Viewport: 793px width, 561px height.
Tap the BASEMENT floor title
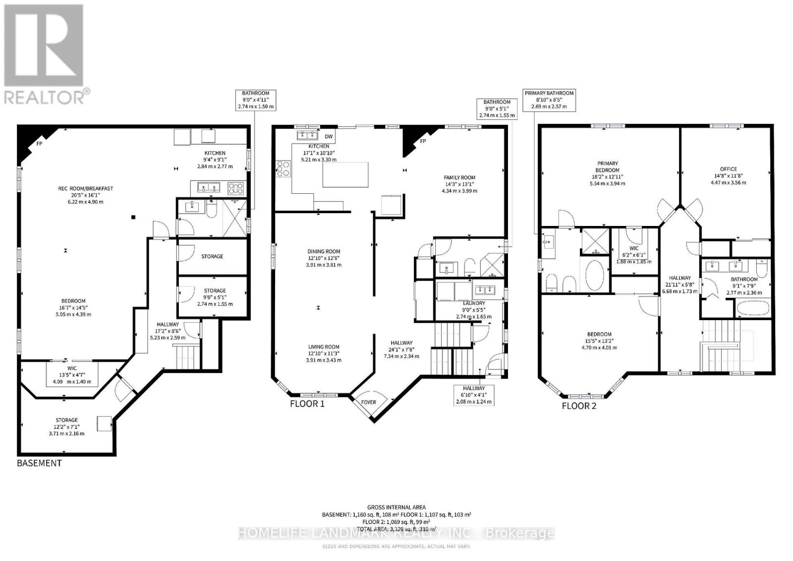click(39, 463)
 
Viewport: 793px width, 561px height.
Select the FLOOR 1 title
click(307, 403)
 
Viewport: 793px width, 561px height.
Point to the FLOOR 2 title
click(579, 406)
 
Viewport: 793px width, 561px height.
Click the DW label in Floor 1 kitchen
click(329, 136)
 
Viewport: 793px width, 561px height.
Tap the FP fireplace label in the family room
click(423, 141)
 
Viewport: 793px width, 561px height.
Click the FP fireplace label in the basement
click(39, 144)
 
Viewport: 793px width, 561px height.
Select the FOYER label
click(368, 402)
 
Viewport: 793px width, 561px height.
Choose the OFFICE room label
click(728, 169)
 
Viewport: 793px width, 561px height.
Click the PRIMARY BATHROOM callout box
click(549, 100)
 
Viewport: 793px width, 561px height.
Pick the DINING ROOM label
click(323, 252)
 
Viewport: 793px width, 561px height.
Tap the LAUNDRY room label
click(473, 303)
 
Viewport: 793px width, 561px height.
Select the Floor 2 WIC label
click(633, 248)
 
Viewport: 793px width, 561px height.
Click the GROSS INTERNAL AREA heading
click(396, 507)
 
